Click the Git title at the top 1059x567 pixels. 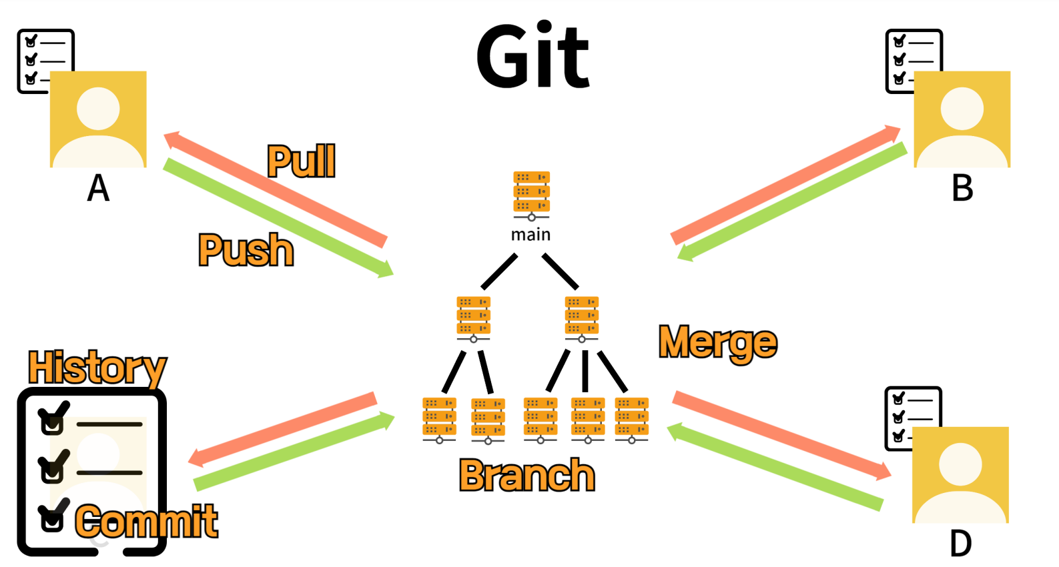tap(533, 56)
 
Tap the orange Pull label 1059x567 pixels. tap(301, 161)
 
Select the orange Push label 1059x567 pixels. tap(246, 250)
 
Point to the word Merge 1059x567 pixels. tap(717, 343)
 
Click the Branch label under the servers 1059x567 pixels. tap(526, 476)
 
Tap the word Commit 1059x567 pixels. tap(147, 521)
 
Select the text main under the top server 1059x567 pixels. tap(531, 235)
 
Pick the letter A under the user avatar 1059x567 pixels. tap(98, 188)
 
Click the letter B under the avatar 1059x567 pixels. tap(962, 188)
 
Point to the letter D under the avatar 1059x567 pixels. tap(960, 544)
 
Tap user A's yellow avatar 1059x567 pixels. tap(98, 119)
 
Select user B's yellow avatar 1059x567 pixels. tap(962, 119)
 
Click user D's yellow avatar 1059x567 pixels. tap(960, 474)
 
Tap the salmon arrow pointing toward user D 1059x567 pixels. tap(781, 435)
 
